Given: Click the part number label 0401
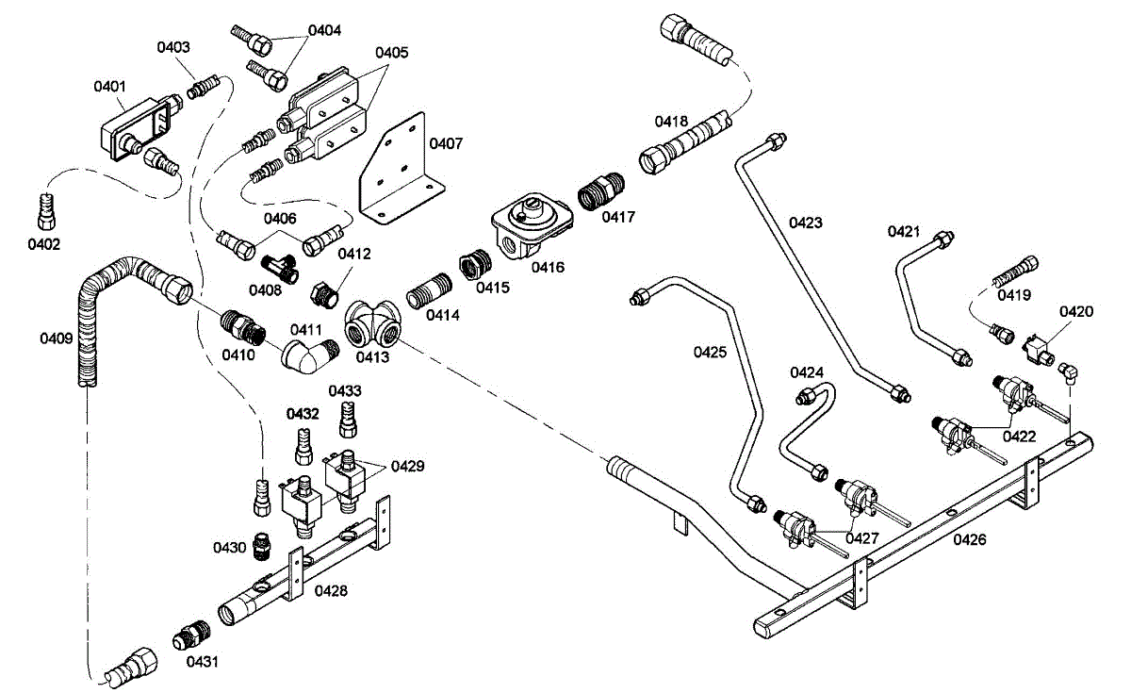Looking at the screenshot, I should (109, 87).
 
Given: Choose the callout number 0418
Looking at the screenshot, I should (672, 122).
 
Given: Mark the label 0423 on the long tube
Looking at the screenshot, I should (806, 223).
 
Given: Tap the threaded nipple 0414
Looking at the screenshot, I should (430, 300).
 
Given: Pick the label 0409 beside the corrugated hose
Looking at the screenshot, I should (56, 337).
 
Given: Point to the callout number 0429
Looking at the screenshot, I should (408, 466).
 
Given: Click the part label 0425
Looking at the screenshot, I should (710, 353).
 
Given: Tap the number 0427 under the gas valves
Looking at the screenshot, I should (862, 538).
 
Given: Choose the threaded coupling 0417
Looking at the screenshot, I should (598, 192).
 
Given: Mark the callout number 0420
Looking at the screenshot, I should (1075, 312).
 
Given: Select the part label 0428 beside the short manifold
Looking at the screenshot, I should (331, 591).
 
